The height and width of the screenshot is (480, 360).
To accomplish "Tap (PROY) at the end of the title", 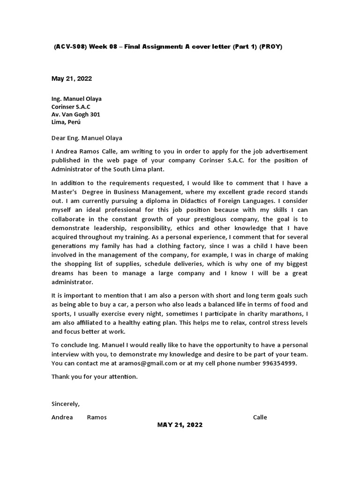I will click(271, 47).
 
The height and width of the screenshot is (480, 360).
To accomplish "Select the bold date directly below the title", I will click(72, 79).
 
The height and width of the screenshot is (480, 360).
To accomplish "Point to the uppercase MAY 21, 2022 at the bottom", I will click(180, 425).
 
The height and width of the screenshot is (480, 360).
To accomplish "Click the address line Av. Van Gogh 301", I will click(75, 114).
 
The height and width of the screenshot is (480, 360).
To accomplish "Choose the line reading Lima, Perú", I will click(66, 122).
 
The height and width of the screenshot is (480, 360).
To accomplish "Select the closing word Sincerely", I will click(66, 404).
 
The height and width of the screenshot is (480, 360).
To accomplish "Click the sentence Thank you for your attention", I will click(95, 376).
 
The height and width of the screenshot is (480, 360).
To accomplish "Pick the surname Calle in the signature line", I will click(260, 417).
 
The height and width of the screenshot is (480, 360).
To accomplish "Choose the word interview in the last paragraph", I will click(65, 354).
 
